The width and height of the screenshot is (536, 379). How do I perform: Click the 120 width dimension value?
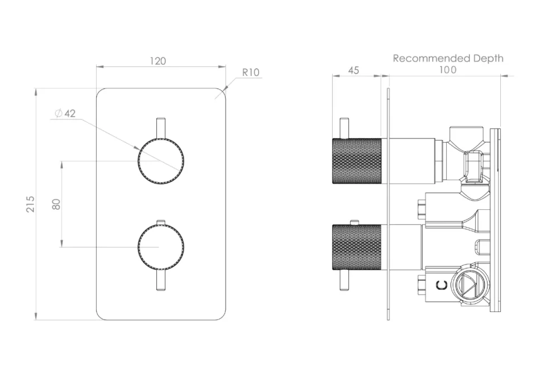point(158,61)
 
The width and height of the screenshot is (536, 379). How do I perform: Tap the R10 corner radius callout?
point(251,73)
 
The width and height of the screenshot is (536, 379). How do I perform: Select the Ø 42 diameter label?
point(65,113)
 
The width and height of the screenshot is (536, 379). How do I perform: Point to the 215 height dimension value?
point(30,204)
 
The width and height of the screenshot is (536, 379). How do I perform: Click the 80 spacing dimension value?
point(56,204)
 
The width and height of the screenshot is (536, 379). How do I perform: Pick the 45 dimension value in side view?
point(353,70)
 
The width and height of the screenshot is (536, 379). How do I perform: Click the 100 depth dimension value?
point(448,70)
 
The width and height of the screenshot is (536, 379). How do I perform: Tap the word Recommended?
point(432,59)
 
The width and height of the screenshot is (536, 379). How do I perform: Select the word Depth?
point(488,59)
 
